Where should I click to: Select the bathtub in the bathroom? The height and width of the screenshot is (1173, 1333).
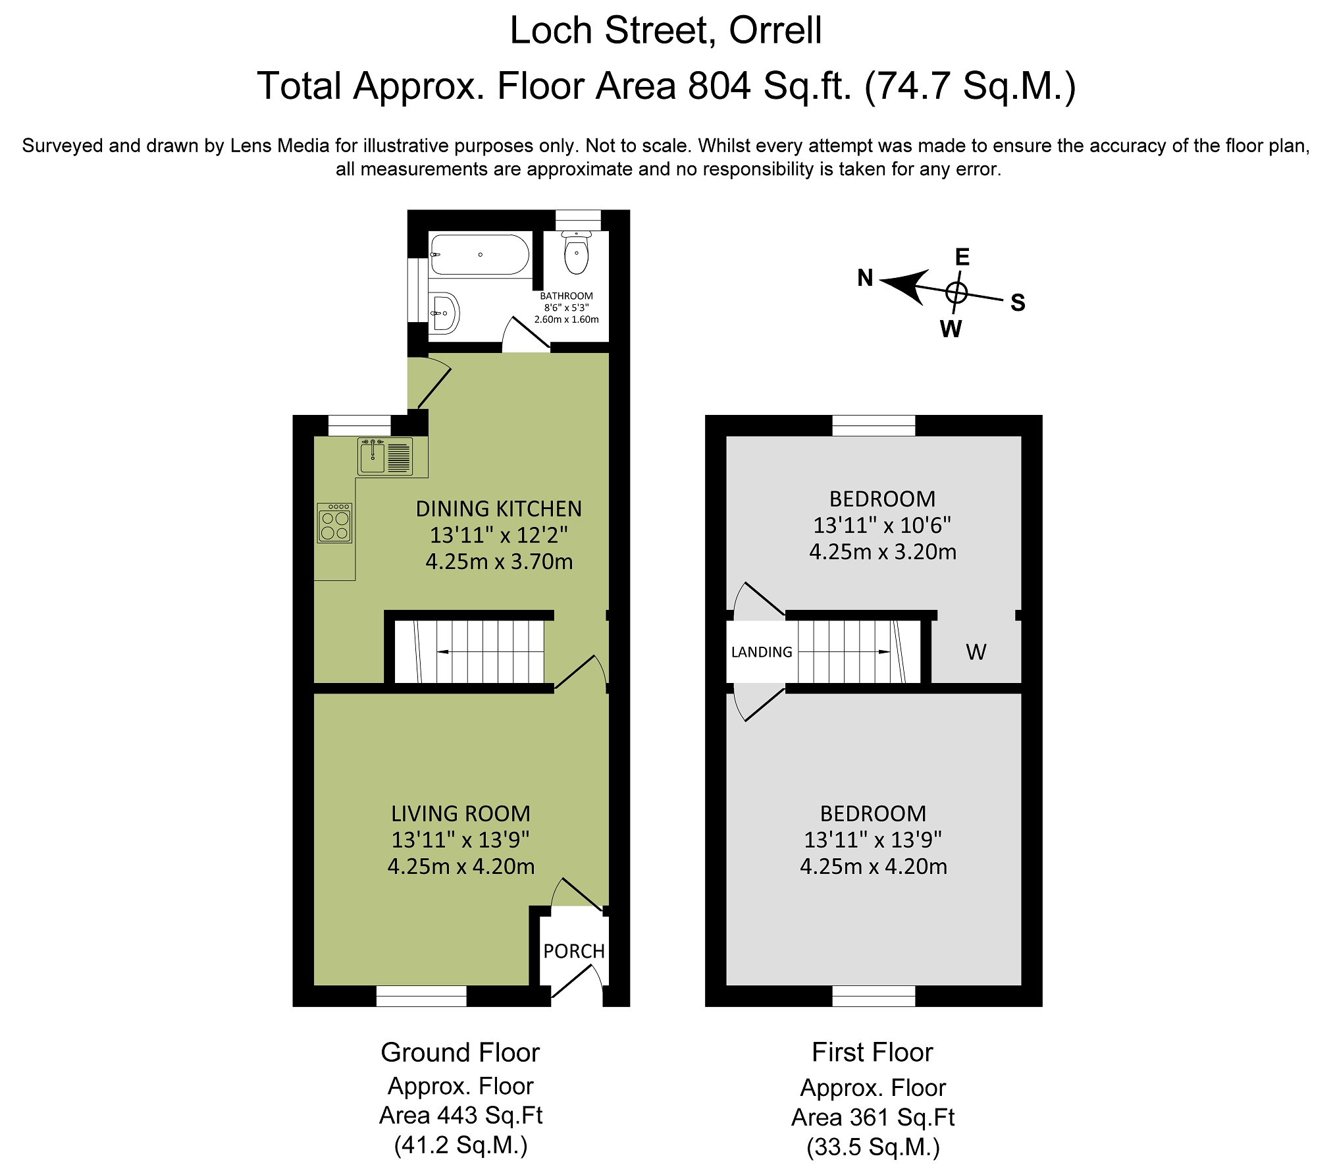[x=480, y=254]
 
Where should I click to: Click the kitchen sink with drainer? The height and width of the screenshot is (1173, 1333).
[x=386, y=456]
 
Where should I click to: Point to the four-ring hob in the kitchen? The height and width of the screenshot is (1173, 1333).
[x=334, y=523]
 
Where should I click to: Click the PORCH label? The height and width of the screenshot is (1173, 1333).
[x=574, y=951]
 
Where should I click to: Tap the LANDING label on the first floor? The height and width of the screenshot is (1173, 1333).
[x=762, y=652]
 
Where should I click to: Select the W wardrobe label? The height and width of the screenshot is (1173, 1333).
[x=976, y=652]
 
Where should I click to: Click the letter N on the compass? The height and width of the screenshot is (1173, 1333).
[x=865, y=278]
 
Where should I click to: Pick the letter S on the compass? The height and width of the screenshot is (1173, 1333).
[x=1018, y=302]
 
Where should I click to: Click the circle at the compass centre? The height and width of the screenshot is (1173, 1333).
[x=956, y=292]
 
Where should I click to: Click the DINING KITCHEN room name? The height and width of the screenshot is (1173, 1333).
[x=499, y=509]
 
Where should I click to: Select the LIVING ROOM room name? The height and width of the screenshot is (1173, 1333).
[x=461, y=814]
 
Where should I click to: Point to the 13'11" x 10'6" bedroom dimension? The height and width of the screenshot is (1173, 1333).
[x=882, y=526]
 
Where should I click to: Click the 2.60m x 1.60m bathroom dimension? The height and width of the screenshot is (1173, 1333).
[x=567, y=319]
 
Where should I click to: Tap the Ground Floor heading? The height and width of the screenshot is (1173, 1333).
[x=460, y=1052]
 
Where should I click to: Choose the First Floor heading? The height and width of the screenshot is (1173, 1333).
[x=872, y=1052]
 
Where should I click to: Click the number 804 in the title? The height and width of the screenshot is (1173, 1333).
[x=719, y=86]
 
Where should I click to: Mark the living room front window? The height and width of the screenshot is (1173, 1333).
[x=421, y=996]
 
